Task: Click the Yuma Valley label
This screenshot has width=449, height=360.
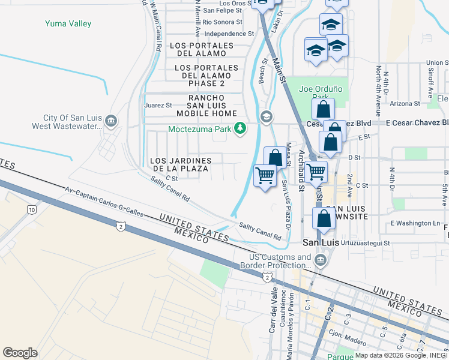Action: (68, 24)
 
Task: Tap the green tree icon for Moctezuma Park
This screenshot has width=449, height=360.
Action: (240, 128)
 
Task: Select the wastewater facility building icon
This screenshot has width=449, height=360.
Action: (110, 122)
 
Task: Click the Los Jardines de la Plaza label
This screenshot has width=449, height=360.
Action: (180, 165)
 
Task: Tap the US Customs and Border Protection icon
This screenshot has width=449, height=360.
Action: (319, 260)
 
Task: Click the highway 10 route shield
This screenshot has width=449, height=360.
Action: (31, 209)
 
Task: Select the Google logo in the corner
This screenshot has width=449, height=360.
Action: (20, 352)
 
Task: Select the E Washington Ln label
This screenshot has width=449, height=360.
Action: (415, 223)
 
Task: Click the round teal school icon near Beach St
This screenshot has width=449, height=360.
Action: (265, 116)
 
